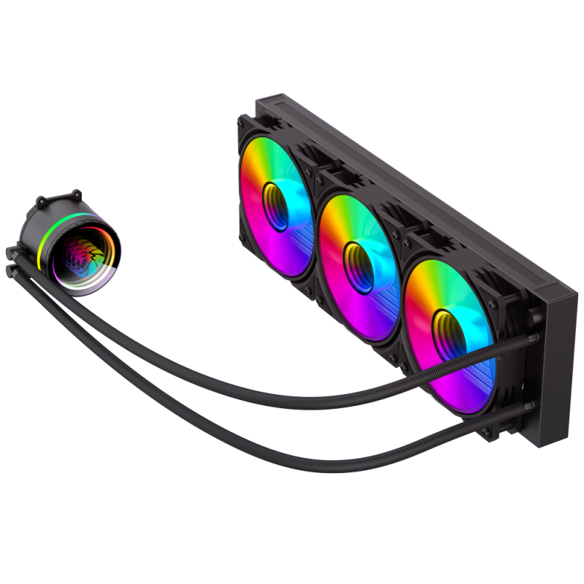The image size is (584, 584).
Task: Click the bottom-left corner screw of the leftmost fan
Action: [243, 237]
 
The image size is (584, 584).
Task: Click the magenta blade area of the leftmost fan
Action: [259, 226]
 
